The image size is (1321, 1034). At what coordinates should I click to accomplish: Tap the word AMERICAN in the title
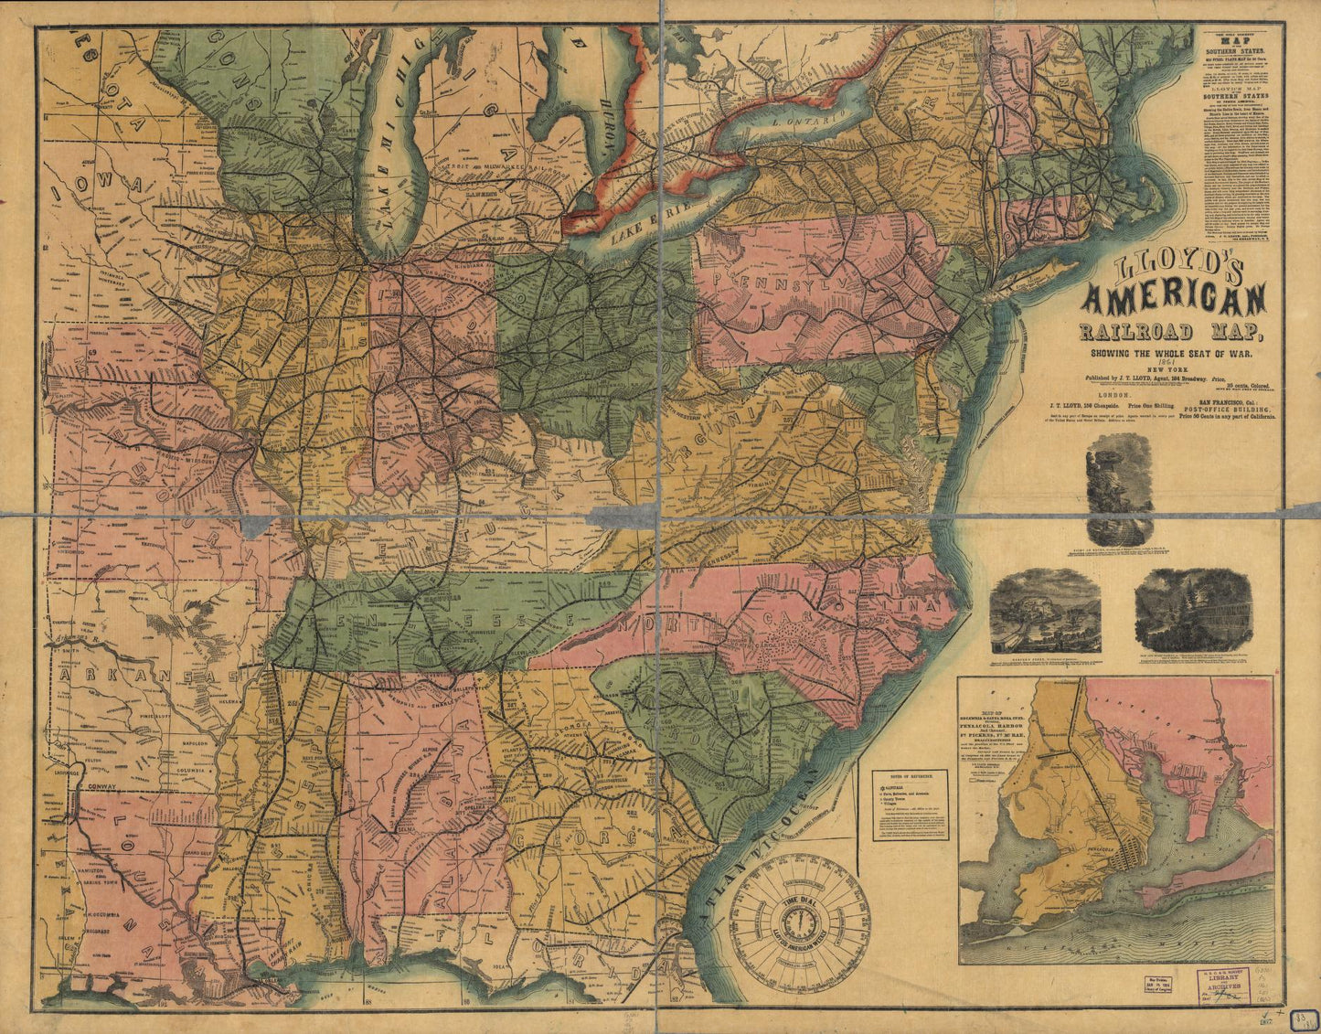(1175, 301)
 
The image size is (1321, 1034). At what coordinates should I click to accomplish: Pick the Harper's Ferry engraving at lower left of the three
(1045, 611)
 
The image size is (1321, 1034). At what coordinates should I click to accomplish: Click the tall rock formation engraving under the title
(1120, 488)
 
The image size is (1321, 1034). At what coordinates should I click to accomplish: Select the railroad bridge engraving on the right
(1194, 610)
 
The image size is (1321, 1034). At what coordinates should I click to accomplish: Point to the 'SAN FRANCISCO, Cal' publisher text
(1219, 400)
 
